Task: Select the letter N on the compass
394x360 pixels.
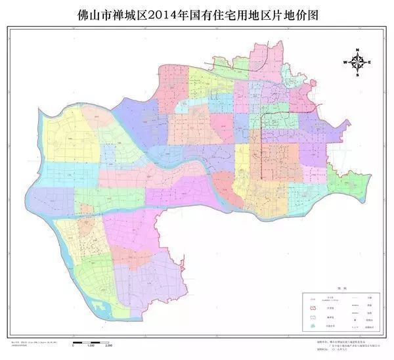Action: pos(358,50)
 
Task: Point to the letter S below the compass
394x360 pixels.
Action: pos(358,76)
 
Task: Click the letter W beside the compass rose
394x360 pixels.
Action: pos(345,62)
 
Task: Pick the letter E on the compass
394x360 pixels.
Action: pos(370,62)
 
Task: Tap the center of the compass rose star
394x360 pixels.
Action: pos(358,62)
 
